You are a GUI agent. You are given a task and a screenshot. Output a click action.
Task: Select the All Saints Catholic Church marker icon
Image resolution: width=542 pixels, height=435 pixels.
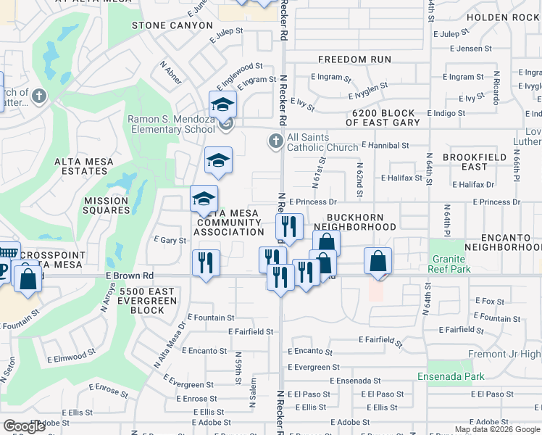(275, 141)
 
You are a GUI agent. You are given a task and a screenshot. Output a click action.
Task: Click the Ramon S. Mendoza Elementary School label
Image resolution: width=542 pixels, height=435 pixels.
(171, 124)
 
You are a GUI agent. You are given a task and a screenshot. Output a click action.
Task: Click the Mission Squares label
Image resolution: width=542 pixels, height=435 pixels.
(107, 205)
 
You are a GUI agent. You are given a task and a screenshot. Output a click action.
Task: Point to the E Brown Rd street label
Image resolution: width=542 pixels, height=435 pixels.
(130, 275)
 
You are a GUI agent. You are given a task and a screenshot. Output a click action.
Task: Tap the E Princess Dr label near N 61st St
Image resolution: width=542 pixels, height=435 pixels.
(313, 202)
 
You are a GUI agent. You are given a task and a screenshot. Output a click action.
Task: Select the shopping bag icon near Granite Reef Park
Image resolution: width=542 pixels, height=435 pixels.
(378, 261)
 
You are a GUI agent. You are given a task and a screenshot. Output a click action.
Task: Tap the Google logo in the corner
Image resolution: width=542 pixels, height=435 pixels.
(25, 426)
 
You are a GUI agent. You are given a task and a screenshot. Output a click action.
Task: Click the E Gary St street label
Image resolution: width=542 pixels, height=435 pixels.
(170, 240)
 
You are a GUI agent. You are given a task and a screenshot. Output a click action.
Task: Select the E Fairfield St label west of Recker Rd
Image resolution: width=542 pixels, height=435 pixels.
(250, 331)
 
